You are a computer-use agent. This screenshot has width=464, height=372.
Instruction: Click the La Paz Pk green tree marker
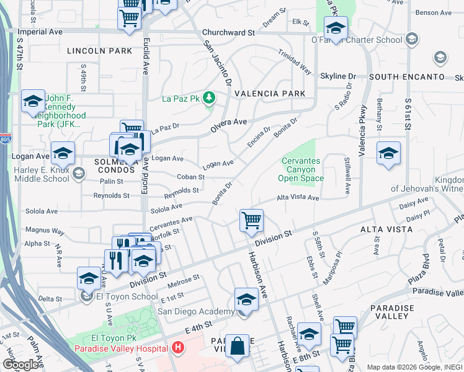click(210, 97)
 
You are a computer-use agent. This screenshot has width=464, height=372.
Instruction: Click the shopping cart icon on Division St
click(251, 219)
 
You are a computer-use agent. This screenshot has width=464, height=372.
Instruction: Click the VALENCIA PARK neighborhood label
click(269, 94)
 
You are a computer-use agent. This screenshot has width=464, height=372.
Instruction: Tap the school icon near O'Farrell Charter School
click(336, 28)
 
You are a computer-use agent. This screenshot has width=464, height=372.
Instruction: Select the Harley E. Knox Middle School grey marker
click(79, 173)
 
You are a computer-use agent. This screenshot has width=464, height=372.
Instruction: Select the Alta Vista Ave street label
click(297, 198)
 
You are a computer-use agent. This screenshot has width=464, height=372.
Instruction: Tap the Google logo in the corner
click(21, 365)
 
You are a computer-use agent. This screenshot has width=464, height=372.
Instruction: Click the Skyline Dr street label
click(338, 76)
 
